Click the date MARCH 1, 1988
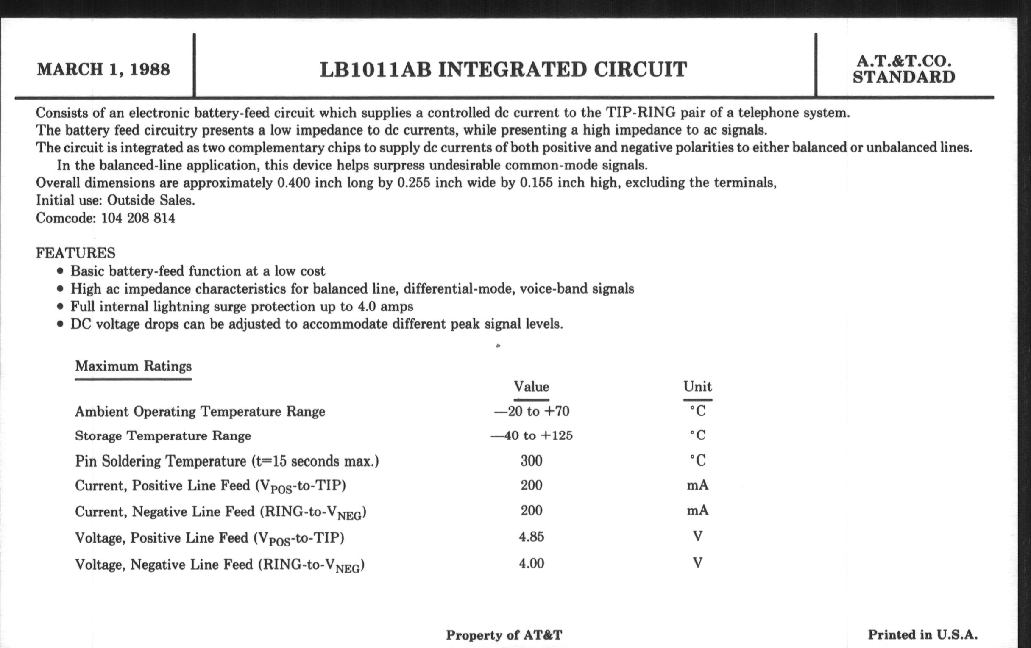click(103, 69)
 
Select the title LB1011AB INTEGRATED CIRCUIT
click(503, 70)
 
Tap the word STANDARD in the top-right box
click(904, 78)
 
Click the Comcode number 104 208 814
click(138, 218)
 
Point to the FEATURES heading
click(75, 253)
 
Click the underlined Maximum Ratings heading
click(133, 366)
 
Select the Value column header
click(531, 387)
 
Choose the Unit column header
click(697, 387)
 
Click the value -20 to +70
click(532, 412)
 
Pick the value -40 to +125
click(531, 435)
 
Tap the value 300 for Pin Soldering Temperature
click(531, 461)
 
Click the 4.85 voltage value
click(531, 536)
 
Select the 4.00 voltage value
click(531, 563)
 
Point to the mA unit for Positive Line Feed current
click(697, 485)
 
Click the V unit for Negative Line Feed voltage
click(697, 563)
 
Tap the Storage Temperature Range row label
click(163, 436)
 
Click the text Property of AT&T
click(504, 635)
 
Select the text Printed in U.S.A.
click(922, 635)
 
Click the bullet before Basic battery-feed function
click(60, 271)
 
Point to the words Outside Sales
click(151, 200)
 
